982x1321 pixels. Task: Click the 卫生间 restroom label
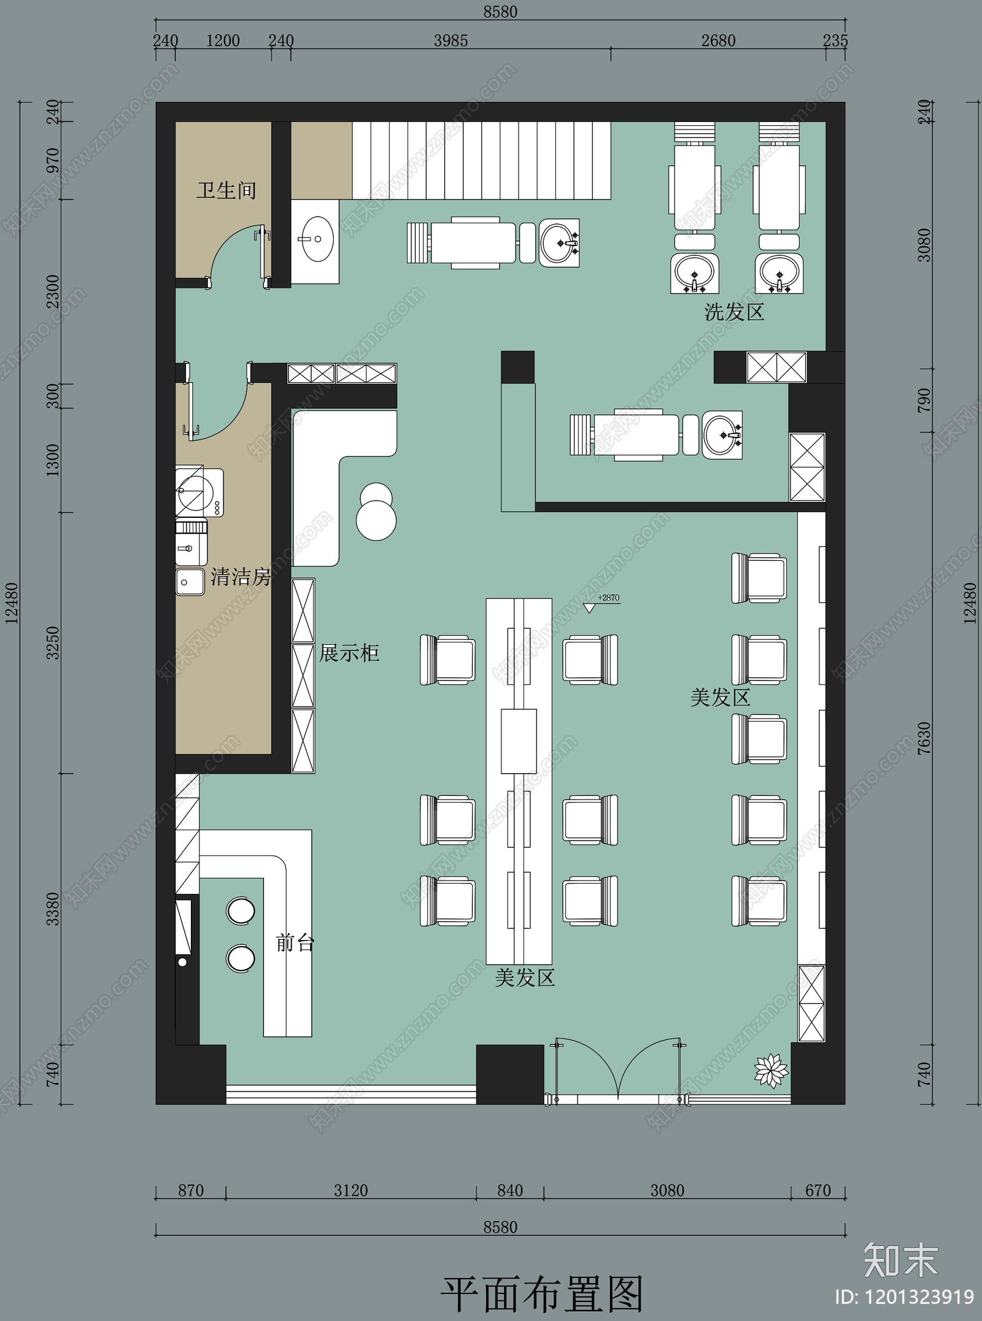point(226,190)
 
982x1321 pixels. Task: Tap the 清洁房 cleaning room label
point(241,577)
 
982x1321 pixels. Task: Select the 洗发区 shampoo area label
point(734,312)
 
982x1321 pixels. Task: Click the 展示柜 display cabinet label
point(349,653)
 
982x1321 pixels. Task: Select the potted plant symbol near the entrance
point(771,1071)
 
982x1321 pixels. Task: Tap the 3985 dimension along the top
point(450,40)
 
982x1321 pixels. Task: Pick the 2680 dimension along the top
point(718,40)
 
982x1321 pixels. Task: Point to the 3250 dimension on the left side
point(53,642)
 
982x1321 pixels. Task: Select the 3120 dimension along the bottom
point(351,1191)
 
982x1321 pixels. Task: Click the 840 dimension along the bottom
point(510,1191)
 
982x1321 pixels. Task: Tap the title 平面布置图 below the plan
point(541,1294)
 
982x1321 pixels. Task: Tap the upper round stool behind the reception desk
point(240,910)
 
